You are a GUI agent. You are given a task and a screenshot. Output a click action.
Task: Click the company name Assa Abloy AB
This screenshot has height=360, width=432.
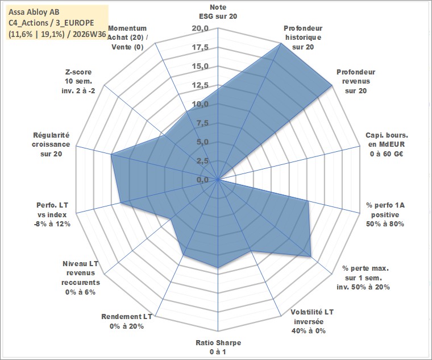(x=34, y=12)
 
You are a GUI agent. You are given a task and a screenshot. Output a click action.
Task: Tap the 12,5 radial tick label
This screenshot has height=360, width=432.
(x=200, y=85)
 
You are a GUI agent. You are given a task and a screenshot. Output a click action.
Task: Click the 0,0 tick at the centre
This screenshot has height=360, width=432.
(x=202, y=180)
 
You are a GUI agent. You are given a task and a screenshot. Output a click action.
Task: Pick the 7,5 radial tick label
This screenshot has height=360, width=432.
(x=202, y=123)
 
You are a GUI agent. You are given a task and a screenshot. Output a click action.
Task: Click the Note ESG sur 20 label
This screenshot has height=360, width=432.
(x=218, y=11)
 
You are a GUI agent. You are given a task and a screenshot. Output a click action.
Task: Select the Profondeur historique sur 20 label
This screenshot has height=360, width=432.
(x=303, y=38)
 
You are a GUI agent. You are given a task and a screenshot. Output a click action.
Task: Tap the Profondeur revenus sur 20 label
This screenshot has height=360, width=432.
(x=356, y=81)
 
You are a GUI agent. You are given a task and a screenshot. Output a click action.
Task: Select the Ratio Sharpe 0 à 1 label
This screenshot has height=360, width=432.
(x=218, y=347)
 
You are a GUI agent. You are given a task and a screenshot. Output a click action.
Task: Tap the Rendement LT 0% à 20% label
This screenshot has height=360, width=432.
(x=127, y=321)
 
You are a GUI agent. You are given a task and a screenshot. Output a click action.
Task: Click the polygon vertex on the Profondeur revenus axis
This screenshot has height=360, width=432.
(x=332, y=85)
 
